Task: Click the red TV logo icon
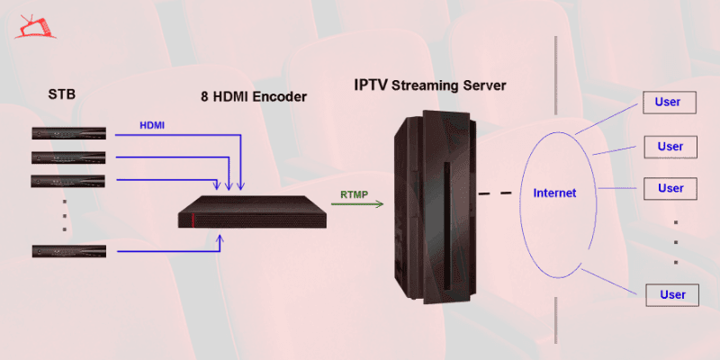(34, 26)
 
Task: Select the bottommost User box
(673, 294)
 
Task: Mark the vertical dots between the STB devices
(65, 216)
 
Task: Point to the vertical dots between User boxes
(676, 241)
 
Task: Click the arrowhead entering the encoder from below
(221, 238)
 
